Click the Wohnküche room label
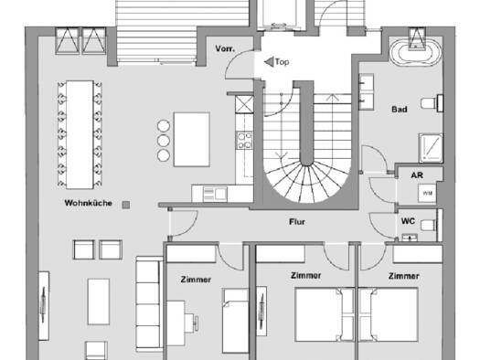coord(88,203)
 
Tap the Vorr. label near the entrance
coord(225,48)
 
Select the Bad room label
coord(400,110)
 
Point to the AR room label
coord(417,175)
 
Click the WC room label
coord(408,221)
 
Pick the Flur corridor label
coord(297,222)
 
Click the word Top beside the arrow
coord(282,62)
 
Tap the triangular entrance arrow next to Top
coord(269,62)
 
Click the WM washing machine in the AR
coord(427,193)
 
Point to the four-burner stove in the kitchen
coord(245,140)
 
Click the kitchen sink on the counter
coord(215,195)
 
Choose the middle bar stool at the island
coord(164,141)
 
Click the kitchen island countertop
coord(192,140)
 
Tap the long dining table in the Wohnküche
coord(80,134)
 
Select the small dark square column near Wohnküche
coord(126,205)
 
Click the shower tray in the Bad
coord(431,147)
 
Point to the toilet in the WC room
coord(428,226)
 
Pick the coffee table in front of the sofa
coord(99,302)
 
